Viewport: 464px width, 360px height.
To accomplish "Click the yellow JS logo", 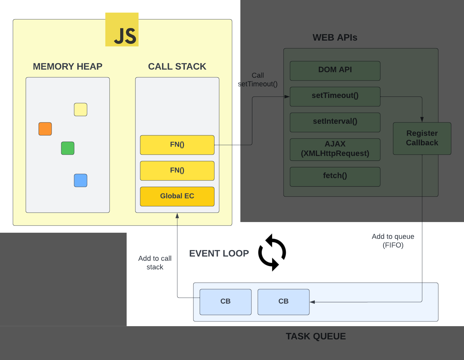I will click(122, 30).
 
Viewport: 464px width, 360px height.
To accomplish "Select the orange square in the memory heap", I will click(45, 129).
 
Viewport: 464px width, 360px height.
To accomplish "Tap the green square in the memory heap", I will click(68, 148).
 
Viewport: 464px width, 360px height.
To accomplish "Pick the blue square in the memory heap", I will click(81, 180).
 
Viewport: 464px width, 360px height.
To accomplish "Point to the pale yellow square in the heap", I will click(81, 110).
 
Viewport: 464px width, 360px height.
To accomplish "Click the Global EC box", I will click(177, 196).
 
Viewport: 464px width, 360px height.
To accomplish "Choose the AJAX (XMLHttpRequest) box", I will click(335, 149).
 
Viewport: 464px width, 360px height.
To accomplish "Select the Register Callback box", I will click(422, 138).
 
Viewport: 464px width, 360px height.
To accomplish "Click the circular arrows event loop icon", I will click(272, 252).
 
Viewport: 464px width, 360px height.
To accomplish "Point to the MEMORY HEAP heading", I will click(68, 66).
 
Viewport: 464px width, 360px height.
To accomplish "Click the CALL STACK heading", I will click(177, 66).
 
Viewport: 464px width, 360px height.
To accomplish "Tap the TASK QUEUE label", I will click(315, 336).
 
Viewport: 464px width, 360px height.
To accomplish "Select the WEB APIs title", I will click(335, 38).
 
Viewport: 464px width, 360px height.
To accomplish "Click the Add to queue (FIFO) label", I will click(393, 241).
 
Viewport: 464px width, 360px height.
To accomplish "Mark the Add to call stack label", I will click(155, 263).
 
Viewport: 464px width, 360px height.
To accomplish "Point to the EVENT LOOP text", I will click(219, 254).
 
